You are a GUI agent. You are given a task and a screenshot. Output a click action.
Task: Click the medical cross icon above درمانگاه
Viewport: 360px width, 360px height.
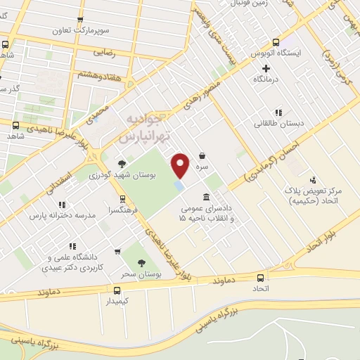tap(266, 68)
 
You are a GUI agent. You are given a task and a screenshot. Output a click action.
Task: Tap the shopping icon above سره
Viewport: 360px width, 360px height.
tap(202, 156)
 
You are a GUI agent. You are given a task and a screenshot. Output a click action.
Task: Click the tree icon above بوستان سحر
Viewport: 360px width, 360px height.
tap(141, 262)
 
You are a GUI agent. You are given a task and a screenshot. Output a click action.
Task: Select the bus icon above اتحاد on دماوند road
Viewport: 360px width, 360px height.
tap(261, 277)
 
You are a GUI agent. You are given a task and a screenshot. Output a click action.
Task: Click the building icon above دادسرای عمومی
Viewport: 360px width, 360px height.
tap(205, 197)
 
